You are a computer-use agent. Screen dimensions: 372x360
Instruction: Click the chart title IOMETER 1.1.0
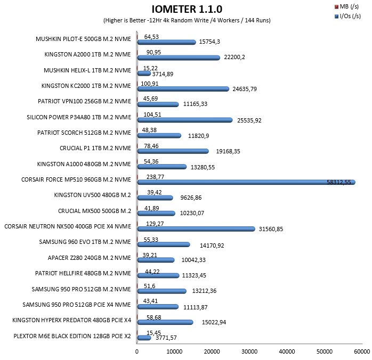pos(187,9)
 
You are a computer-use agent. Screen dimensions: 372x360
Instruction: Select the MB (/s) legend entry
pos(346,6)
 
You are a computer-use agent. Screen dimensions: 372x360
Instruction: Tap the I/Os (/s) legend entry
pos(348,16)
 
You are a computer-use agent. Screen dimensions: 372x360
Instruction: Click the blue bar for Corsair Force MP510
pos(246,182)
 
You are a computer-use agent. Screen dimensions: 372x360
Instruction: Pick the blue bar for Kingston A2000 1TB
pos(179,58)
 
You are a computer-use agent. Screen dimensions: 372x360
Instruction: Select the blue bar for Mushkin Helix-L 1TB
pos(144,73)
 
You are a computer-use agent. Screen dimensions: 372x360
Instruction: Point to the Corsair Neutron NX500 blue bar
pos(196,229)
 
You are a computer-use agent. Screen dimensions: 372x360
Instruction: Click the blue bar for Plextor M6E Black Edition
pos(144,338)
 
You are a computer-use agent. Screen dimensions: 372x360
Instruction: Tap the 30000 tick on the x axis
pos(249,351)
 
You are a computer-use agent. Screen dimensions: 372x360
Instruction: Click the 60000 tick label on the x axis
pos(362,351)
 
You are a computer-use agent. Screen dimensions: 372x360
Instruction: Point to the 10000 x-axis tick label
pos(174,351)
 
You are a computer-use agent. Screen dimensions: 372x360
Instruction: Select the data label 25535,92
pos(249,120)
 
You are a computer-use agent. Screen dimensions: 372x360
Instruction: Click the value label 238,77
pos(155,177)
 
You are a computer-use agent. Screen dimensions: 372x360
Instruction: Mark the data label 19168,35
pos(228,151)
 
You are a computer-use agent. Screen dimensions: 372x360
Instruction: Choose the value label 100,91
pos(149,84)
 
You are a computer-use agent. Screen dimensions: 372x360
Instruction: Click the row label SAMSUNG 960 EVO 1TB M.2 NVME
pos(85,242)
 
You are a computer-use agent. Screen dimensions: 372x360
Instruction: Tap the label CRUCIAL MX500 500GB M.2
pos(94,211)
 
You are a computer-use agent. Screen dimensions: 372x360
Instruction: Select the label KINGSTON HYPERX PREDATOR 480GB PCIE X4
pos(71,320)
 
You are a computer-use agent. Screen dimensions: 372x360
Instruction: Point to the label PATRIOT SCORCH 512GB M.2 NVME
pos(84,133)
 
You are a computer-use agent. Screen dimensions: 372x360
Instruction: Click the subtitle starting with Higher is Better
pos(187,20)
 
